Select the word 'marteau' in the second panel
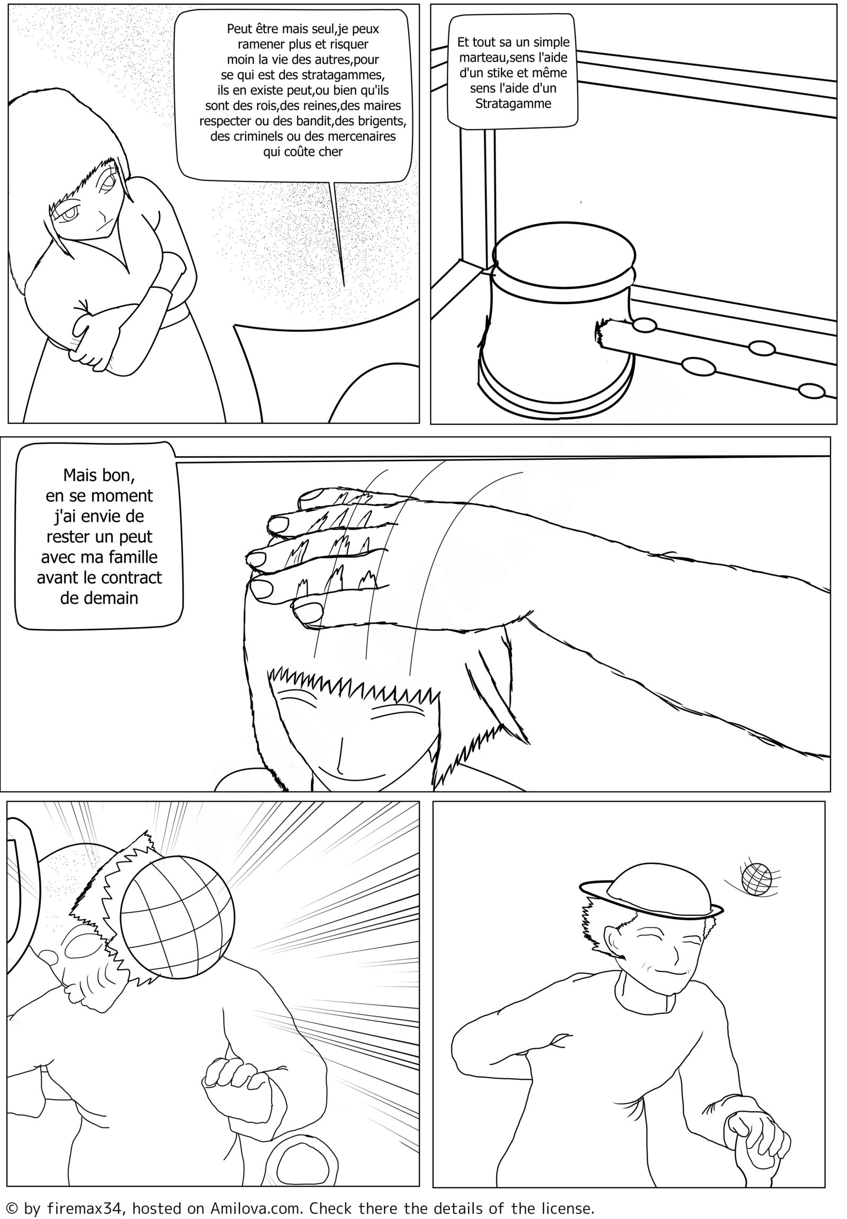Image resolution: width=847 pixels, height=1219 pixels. [x=482, y=57]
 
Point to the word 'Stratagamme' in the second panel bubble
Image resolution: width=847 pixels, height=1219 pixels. [x=513, y=104]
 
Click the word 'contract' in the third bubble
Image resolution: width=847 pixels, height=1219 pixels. [x=130, y=578]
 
